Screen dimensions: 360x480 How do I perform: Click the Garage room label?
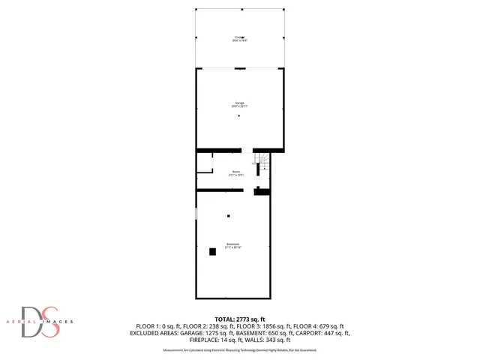239,104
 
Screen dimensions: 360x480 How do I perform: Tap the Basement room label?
233,245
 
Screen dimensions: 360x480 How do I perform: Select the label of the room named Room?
236,173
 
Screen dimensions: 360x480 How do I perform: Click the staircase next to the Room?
263,162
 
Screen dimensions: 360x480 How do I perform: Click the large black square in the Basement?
213,252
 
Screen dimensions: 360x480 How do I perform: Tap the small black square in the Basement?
229,216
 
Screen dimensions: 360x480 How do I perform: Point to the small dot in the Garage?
240,115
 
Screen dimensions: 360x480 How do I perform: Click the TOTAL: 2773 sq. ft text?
240,319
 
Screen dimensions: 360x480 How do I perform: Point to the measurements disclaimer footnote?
240,349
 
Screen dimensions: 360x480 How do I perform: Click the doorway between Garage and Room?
247,151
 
